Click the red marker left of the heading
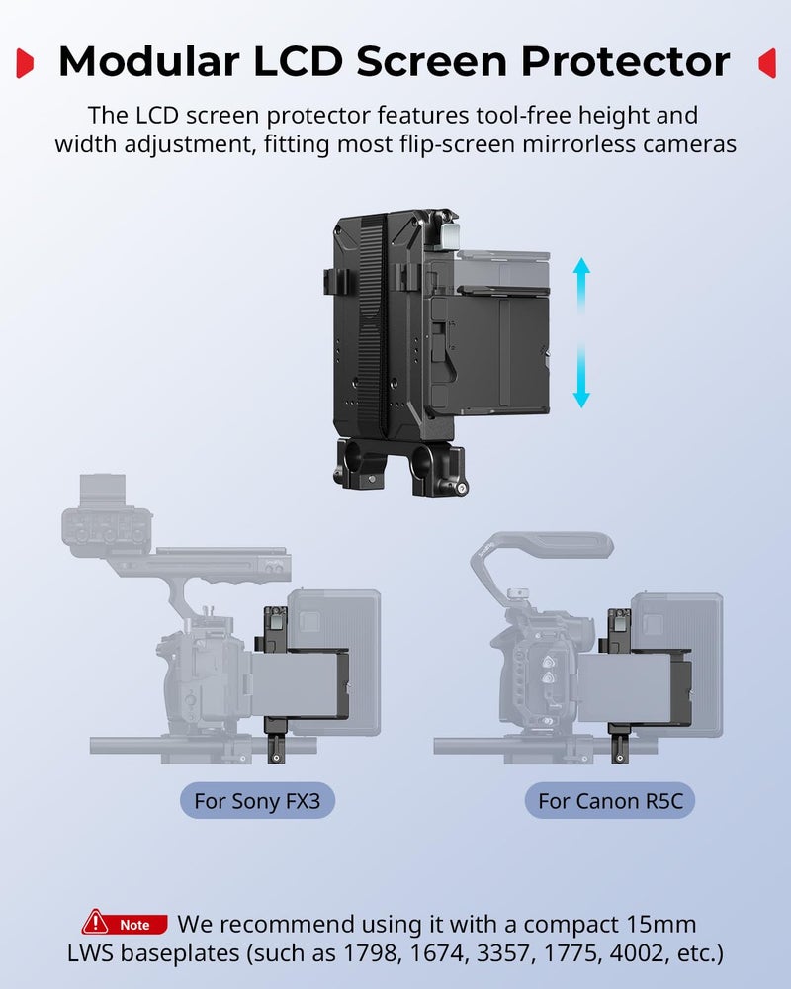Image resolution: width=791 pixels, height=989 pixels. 27,63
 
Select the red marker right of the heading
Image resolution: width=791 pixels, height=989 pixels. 766,63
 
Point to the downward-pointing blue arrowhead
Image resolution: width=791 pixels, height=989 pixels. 581,398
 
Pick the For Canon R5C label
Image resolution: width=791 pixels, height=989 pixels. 610,800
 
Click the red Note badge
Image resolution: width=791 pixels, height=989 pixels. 126,925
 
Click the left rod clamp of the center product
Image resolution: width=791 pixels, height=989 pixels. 351,462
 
